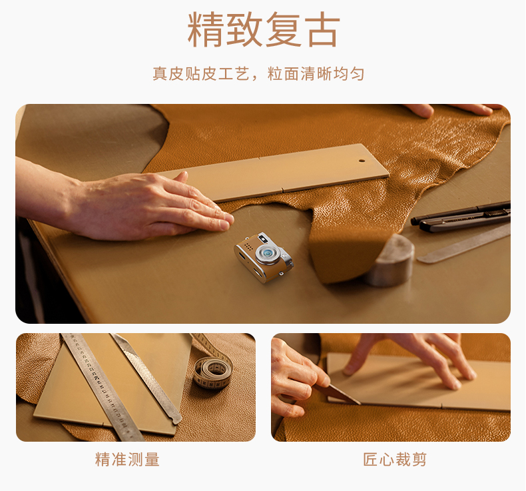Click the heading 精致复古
[263, 30]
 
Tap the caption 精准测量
[127, 459]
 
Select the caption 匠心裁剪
[395, 459]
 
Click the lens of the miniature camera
[270, 253]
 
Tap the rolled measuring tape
[212, 372]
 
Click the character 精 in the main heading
[206, 30]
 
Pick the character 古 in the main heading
[321, 30]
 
